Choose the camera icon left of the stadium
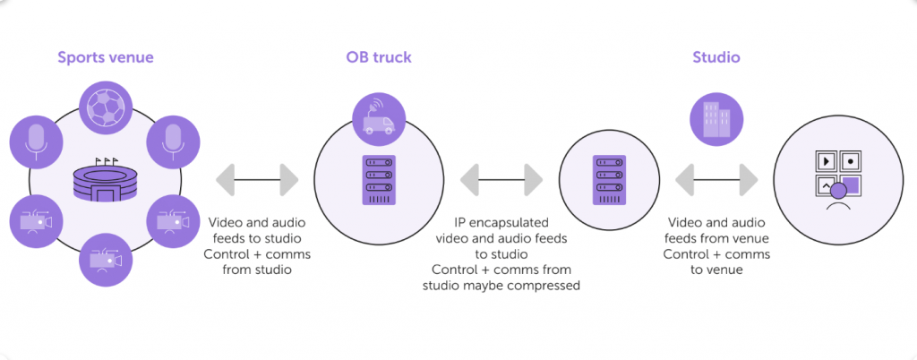[x=36, y=220]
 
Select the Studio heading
[x=716, y=58]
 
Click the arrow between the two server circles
[x=501, y=179]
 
